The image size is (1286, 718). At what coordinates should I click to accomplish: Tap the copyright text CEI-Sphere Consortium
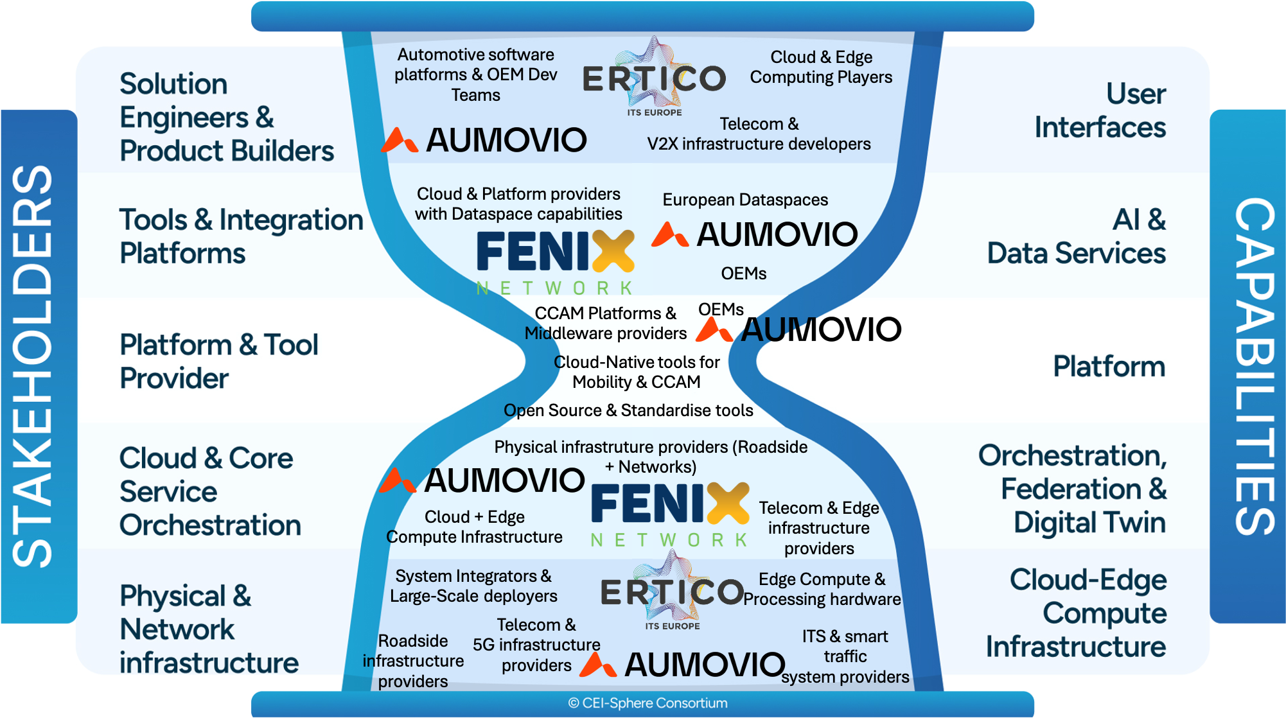[647, 703]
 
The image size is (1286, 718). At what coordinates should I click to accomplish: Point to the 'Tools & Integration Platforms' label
[240, 236]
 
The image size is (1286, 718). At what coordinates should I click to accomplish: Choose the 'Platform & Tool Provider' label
[218, 361]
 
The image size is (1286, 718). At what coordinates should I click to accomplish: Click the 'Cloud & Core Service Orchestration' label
[209, 491]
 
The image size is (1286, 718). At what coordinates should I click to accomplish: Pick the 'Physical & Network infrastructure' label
[208, 629]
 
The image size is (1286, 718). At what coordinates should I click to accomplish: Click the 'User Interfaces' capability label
[1100, 110]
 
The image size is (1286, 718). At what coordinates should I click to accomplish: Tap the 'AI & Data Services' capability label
[1077, 236]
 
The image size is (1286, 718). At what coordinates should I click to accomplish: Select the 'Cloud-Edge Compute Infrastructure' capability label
[1077, 613]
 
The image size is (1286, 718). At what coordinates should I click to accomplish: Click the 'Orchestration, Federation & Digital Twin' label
[1073, 489]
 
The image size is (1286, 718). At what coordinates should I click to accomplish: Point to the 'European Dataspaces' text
[745, 200]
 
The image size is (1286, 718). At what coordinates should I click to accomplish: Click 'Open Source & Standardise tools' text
[628, 410]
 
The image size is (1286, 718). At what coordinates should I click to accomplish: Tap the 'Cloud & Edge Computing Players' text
[821, 67]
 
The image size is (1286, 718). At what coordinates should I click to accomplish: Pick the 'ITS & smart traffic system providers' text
[845, 656]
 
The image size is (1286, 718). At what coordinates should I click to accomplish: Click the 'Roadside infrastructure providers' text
[413, 661]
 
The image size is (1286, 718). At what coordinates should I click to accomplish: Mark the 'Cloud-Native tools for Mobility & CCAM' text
[637, 372]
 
